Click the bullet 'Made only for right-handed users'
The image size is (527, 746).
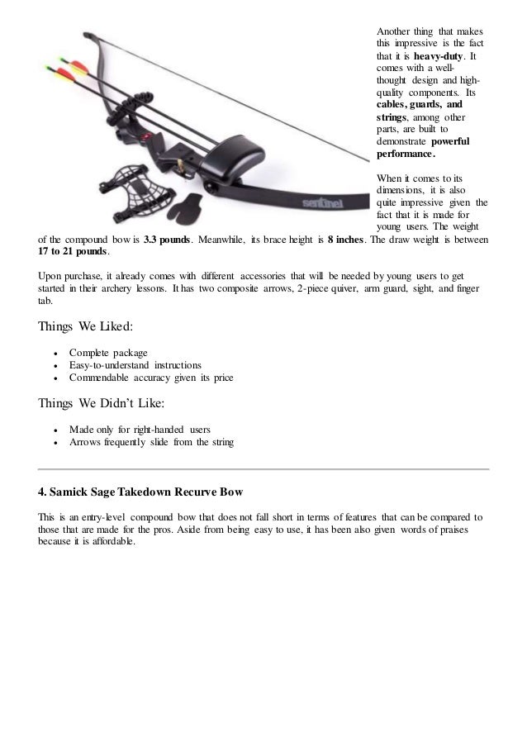point(140,430)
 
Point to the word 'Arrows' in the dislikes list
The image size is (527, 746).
point(86,444)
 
